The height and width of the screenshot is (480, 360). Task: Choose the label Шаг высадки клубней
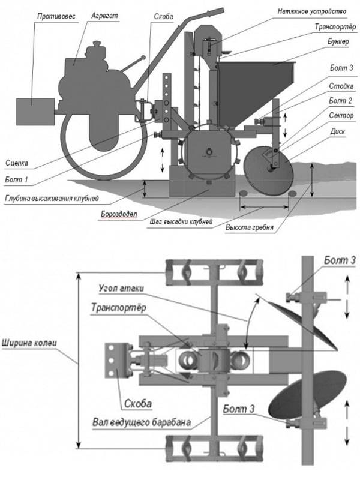181,221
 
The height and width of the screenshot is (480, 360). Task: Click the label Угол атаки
121,287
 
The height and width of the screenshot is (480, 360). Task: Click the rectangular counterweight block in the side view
35,111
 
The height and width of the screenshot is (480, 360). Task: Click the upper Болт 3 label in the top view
340,260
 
